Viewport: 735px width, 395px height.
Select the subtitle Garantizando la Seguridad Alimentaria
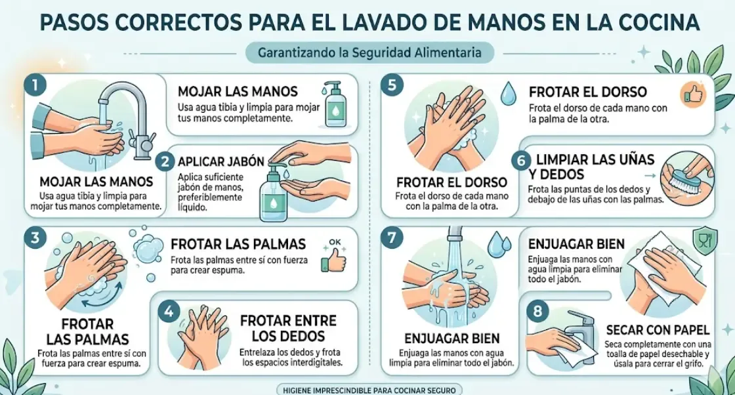369,52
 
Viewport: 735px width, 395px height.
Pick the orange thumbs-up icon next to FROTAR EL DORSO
692,94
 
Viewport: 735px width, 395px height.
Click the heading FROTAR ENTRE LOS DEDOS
288,328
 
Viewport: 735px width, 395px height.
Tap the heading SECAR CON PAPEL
657,329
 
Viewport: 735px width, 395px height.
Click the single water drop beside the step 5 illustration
508,93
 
